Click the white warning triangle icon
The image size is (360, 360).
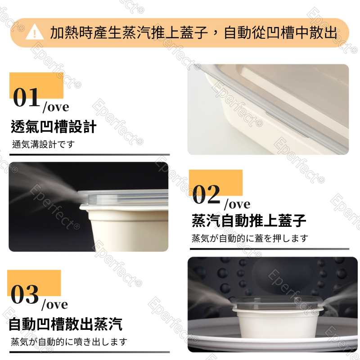coord(35,32)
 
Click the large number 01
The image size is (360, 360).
coord(27,97)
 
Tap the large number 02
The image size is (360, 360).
coord(206,194)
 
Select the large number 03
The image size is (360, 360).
coord(25,294)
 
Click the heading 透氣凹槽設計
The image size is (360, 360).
coord(54,127)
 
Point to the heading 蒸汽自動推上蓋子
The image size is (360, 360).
coord(249,220)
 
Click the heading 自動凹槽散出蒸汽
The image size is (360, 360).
coord(65,324)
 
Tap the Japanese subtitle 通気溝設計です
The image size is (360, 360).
coord(43,144)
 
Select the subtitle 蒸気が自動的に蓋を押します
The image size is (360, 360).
coord(250,238)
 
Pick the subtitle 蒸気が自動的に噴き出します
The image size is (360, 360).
coord(69,342)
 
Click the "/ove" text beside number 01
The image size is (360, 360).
coord(56,107)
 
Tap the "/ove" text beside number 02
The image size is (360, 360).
coord(237,204)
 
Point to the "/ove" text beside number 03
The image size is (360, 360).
coord(54,305)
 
